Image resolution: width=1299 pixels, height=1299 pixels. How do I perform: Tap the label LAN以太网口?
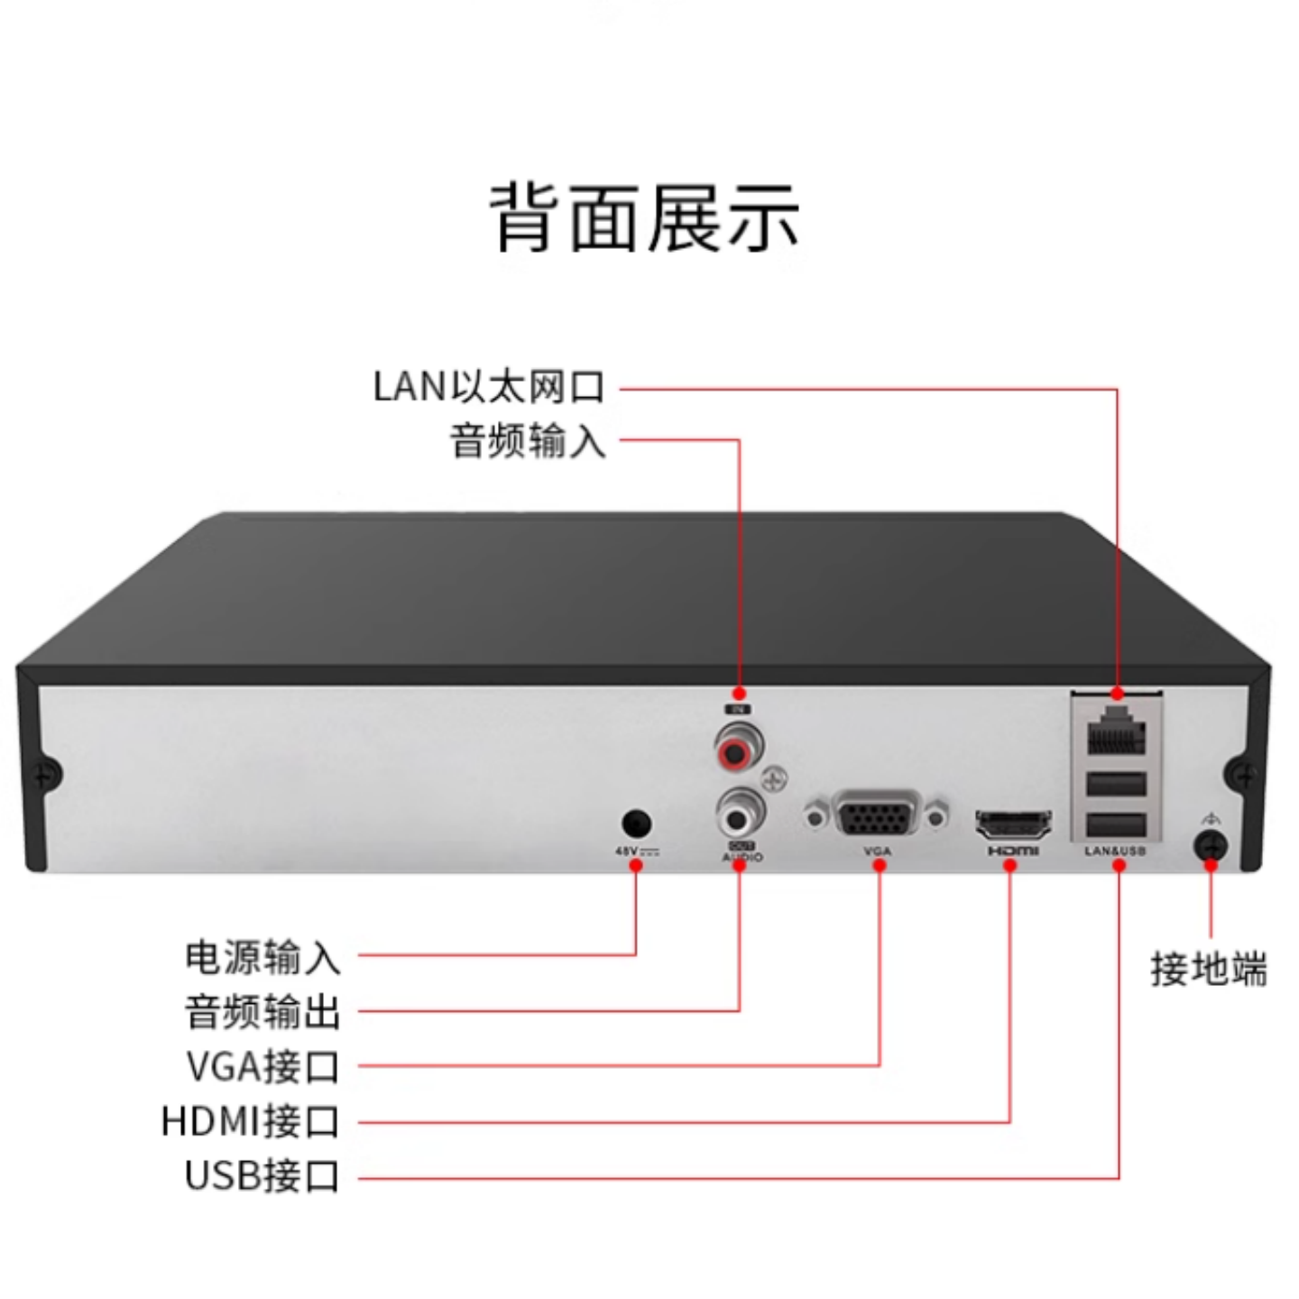489,387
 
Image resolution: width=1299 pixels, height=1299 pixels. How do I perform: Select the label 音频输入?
528,441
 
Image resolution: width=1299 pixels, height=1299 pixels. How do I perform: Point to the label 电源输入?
263,956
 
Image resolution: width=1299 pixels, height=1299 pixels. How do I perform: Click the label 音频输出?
263,1011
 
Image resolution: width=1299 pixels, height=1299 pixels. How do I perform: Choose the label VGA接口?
263,1066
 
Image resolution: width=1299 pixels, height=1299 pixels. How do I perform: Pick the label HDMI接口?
251,1122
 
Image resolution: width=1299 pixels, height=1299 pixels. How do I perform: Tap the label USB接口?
262,1176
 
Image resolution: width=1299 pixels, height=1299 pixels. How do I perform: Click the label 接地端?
1209,969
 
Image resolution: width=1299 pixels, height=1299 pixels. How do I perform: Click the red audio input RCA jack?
739,748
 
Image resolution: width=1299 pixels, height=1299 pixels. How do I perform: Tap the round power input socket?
637,824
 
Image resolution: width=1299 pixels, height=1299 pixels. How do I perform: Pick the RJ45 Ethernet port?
1116,732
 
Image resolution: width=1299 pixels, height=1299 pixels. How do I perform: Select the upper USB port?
1116,784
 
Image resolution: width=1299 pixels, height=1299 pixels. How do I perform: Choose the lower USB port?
1116,824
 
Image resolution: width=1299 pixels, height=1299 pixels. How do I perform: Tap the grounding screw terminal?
1211,846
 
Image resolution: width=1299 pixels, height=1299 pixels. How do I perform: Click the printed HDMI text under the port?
1013,851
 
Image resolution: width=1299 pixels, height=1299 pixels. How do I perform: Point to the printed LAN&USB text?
1115,851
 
